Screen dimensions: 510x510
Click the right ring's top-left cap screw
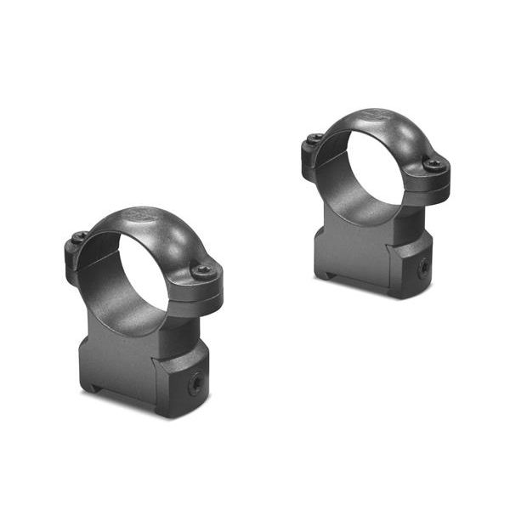(x=315, y=139)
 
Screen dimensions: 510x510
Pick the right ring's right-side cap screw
(x=433, y=166)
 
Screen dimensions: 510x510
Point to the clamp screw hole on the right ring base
(x=422, y=268)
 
